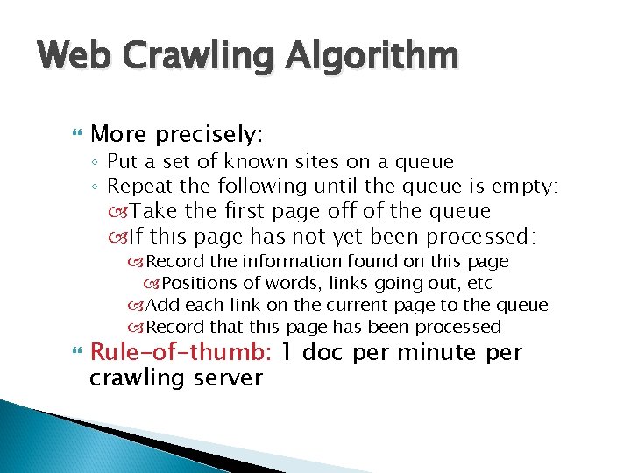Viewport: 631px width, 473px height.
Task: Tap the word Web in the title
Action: (x=77, y=57)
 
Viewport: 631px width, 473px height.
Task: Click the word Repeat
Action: (x=135, y=186)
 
